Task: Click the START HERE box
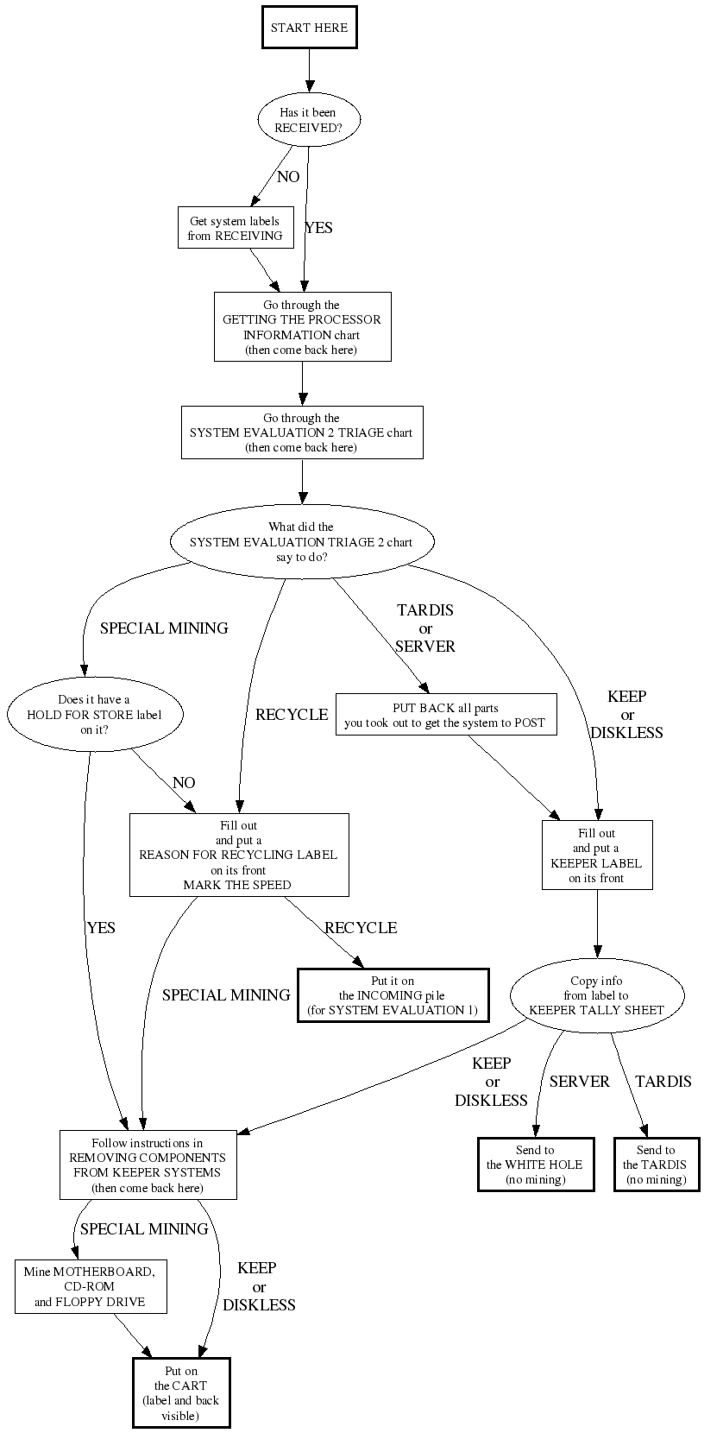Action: pyautogui.click(x=309, y=28)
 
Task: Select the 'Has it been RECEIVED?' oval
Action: pyautogui.click(x=308, y=120)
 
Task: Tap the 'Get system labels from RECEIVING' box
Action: pyautogui.click(x=235, y=228)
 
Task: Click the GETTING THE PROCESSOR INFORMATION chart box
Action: pyautogui.click(x=302, y=327)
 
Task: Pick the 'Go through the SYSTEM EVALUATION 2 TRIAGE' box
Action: pyautogui.click(x=301, y=432)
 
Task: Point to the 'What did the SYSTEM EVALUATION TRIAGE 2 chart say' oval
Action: pyautogui.click(x=301, y=541)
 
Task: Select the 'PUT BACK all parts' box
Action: pyautogui.click(x=445, y=715)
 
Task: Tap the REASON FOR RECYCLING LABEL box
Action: pyautogui.click(x=239, y=855)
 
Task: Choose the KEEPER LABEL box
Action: pyautogui.click(x=597, y=855)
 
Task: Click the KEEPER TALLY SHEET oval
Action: pyautogui.click(x=596, y=995)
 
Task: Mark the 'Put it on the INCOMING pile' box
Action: pyautogui.click(x=393, y=995)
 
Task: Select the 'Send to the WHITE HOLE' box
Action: pyautogui.click(x=536, y=1165)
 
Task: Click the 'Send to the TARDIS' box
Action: pyautogui.click(x=656, y=1165)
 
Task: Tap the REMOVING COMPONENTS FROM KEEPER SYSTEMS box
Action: pyautogui.click(x=148, y=1165)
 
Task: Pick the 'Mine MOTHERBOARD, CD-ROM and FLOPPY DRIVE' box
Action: pyautogui.click(x=91, y=1286)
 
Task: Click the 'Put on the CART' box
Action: pyautogui.click(x=181, y=1393)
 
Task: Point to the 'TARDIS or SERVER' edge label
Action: pyautogui.click(x=425, y=628)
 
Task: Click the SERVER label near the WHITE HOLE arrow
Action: pyautogui.click(x=580, y=1082)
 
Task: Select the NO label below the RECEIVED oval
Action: pyautogui.click(x=288, y=177)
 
